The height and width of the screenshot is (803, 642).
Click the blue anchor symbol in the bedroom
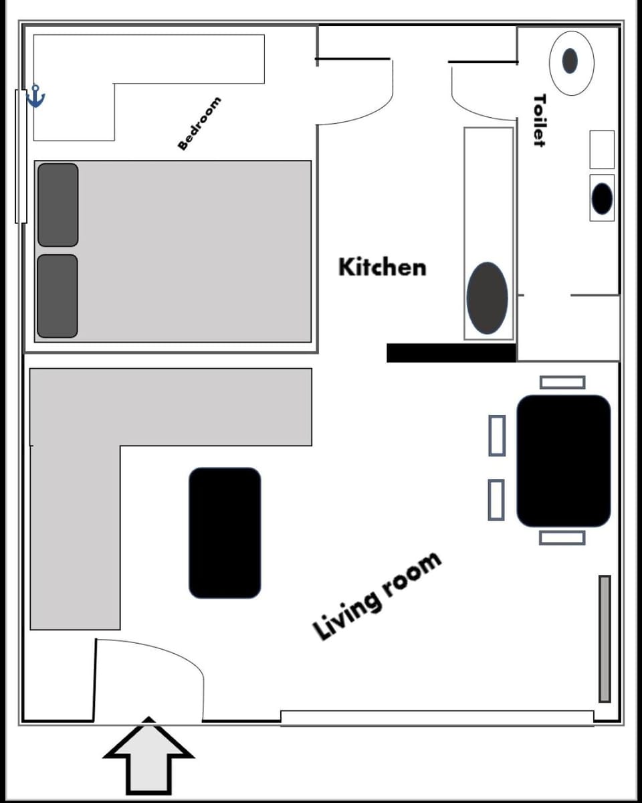click(x=35, y=97)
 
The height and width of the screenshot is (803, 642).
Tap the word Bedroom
click(x=199, y=124)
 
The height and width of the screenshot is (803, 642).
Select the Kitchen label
click(x=382, y=267)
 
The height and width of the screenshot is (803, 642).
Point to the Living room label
click(x=377, y=596)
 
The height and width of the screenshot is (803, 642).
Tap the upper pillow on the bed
click(x=58, y=205)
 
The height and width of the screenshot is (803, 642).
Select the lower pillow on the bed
click(x=58, y=296)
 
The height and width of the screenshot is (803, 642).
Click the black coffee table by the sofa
click(x=225, y=533)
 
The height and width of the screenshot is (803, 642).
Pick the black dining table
click(x=564, y=461)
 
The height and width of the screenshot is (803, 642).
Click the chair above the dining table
click(x=562, y=382)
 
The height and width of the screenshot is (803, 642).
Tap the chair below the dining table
click(x=562, y=537)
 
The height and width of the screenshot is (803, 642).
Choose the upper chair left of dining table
click(x=496, y=436)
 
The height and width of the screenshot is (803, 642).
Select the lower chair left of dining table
click(x=496, y=500)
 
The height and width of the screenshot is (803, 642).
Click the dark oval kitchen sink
click(x=487, y=298)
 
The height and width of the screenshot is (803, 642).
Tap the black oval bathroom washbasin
click(x=602, y=199)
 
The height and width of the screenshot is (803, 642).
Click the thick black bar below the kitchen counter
click(x=451, y=353)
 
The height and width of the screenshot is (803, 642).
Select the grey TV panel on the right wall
click(x=605, y=638)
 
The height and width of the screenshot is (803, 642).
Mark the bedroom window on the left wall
click(x=21, y=155)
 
